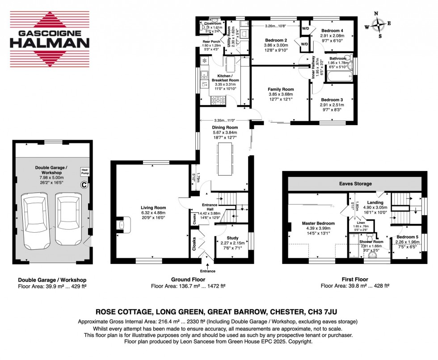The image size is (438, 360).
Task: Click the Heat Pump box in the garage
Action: (84, 172)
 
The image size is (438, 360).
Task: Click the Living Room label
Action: (153, 208)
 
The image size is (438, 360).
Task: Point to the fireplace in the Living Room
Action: (122, 225)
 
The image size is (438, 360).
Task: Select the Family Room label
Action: (280, 89)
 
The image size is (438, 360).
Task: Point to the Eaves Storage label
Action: (355, 184)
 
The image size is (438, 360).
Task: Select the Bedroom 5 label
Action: (405, 239)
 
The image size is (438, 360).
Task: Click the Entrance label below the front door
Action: (208, 271)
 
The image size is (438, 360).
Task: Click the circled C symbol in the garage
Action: (84, 184)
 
